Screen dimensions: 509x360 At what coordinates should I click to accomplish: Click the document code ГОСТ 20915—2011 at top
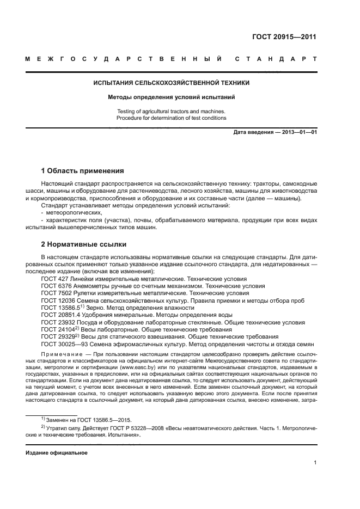[284, 37]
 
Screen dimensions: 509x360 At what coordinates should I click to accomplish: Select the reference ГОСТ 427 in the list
[56, 278]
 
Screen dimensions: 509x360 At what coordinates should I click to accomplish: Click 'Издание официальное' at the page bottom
[57, 452]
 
